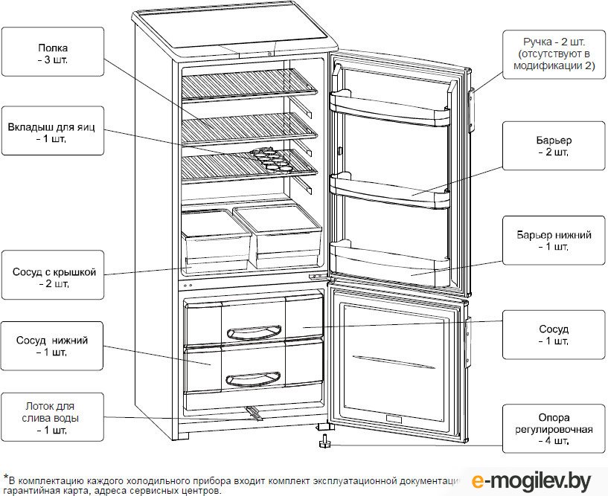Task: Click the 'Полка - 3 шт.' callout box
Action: tap(51, 53)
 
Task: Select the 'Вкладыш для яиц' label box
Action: tap(51, 131)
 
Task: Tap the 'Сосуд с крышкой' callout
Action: tap(51, 277)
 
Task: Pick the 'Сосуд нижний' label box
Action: tap(51, 347)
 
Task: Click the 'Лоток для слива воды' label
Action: tap(51, 417)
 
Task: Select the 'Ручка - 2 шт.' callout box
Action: tap(553, 53)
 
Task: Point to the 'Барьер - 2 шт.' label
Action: tap(553, 146)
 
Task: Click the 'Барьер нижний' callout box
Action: tap(553, 240)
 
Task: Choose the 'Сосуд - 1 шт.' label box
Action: tap(553, 335)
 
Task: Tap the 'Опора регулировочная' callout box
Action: tap(553, 430)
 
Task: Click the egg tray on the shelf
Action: tap(269, 158)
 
